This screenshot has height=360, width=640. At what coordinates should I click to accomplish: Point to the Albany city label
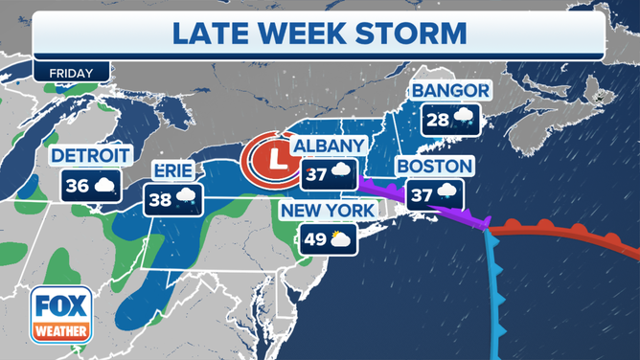click(329, 146)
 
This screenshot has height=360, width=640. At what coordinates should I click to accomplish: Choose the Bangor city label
click(449, 92)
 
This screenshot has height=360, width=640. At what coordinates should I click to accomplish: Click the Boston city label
click(433, 166)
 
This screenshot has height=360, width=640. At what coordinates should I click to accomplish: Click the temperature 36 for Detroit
click(76, 185)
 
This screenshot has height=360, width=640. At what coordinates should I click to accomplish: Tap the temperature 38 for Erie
click(159, 200)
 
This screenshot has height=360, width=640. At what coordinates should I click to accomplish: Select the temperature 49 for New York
click(314, 239)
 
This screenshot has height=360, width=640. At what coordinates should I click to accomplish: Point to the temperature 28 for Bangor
click(436, 122)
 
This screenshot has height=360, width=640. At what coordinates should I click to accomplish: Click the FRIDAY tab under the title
click(71, 72)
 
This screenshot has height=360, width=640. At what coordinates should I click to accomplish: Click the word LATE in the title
click(211, 34)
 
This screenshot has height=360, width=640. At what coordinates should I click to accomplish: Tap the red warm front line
click(565, 229)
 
